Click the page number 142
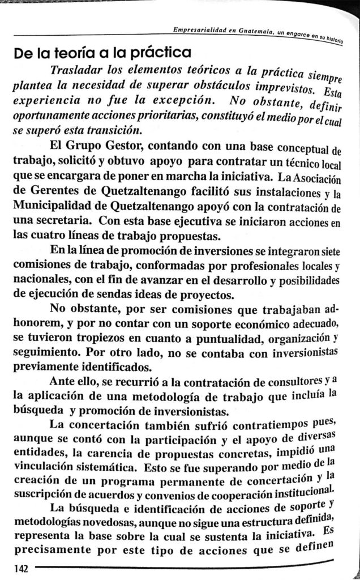(12, 568)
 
